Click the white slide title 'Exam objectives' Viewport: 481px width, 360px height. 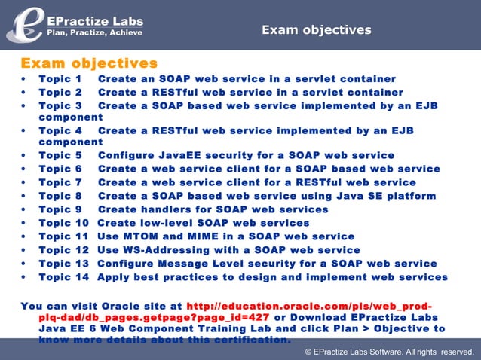[x=316, y=30]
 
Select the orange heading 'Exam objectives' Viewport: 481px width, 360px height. [x=89, y=63]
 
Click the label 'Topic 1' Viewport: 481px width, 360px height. [x=60, y=79]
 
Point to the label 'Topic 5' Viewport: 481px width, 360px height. [x=60, y=156]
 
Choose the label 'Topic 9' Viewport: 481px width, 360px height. [x=60, y=209]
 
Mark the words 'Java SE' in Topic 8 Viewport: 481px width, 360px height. [x=354, y=196]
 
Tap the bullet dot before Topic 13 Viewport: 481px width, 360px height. [x=26, y=264]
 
